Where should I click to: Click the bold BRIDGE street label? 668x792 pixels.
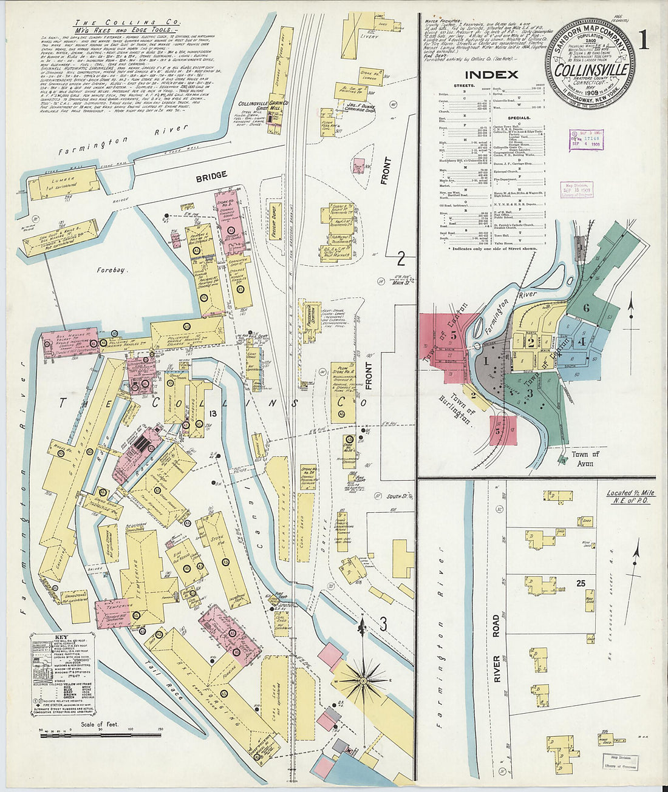pos(211,175)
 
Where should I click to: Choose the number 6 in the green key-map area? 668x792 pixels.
pos(585,307)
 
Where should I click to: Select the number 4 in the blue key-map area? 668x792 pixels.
pos(581,341)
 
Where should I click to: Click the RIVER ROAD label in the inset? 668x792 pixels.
pos(496,648)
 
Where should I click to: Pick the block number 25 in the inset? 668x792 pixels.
pos(581,583)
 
